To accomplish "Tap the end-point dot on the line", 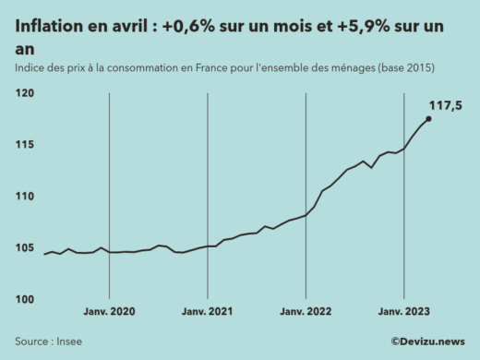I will point(428,118).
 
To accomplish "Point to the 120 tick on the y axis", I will point(25,93).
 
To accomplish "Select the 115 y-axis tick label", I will point(25,145).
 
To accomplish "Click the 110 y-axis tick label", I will point(25,197).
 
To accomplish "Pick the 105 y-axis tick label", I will point(25,247).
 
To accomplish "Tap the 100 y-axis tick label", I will point(25,299).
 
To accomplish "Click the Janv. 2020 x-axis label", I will point(110,313).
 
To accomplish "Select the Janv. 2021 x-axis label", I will point(208,313).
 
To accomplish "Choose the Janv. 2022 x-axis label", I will point(306,313).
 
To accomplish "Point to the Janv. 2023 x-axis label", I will point(403,313).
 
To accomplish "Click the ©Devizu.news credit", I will point(426,341).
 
